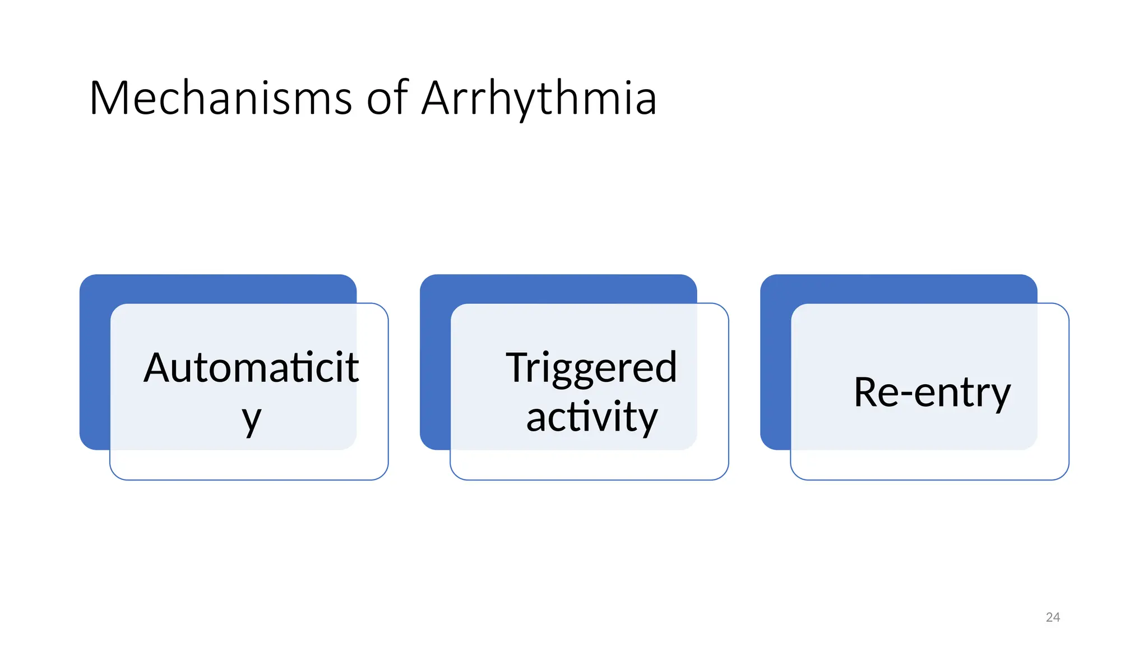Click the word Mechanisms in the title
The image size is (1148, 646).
coord(220,99)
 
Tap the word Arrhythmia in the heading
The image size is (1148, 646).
coord(539,99)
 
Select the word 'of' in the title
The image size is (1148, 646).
coord(387,99)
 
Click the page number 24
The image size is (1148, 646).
coord(1053,617)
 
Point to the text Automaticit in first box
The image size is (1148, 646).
coord(251,368)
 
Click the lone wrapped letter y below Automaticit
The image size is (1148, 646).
coord(252,419)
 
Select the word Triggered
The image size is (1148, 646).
coord(591,368)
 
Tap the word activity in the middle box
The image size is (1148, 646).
coord(591,418)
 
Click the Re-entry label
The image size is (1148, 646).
coord(932,393)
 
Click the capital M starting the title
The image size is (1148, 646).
coord(109,99)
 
